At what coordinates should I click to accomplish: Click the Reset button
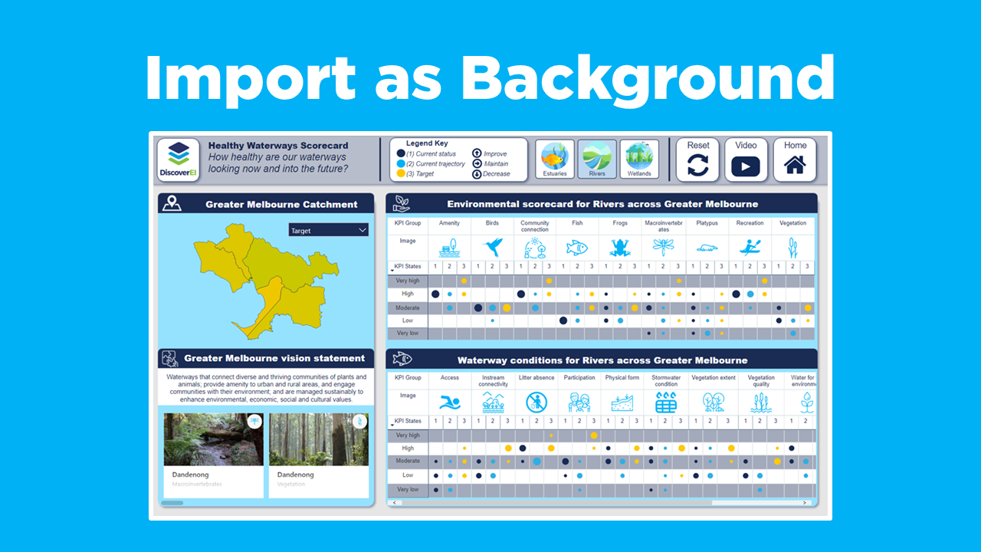point(697,159)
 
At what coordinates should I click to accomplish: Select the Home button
point(795,159)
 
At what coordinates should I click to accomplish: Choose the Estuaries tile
point(554,159)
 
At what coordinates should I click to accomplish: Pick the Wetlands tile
point(638,159)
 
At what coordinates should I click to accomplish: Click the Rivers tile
point(596,159)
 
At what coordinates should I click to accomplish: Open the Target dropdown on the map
point(328,230)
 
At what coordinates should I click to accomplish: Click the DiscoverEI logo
point(178,159)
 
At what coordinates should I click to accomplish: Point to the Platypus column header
point(707,223)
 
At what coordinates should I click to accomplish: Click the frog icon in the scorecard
point(619,247)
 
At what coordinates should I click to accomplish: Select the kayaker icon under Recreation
point(750,247)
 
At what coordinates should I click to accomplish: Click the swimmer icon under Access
point(450,402)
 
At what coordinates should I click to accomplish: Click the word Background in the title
point(648,77)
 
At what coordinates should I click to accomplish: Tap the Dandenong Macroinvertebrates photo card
point(213,452)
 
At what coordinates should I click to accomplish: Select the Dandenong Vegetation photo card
point(318,452)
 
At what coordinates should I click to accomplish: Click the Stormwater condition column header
point(666,380)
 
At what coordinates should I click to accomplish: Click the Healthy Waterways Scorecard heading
point(278,146)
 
